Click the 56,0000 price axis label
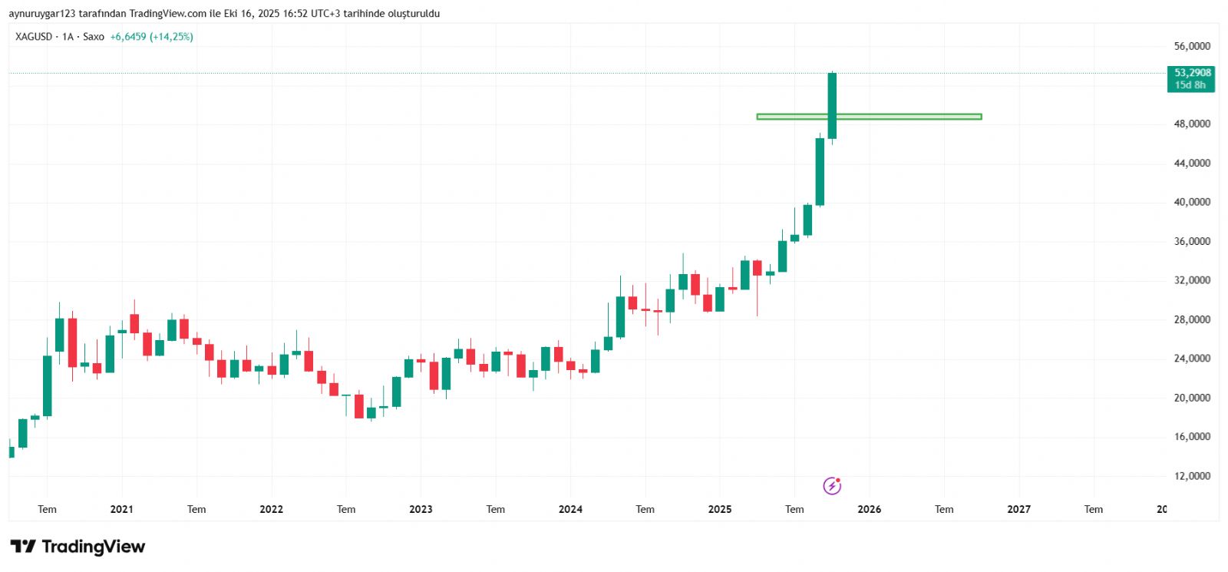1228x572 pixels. [1192, 46]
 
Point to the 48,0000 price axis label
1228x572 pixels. [1192, 124]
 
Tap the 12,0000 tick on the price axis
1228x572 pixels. [1192, 476]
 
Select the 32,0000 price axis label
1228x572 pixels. [1192, 280]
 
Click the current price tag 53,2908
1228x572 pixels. [1192, 73]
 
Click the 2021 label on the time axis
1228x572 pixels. [121, 509]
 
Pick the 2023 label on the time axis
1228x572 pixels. [421, 509]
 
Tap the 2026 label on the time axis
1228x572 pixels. [869, 509]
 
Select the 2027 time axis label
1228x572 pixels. [1018, 509]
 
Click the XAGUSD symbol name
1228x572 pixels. [34, 37]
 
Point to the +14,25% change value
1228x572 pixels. [171, 37]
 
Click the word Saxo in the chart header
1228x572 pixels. [94, 37]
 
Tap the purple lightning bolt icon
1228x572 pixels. [832, 485]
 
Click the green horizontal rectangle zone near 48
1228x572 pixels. [906, 117]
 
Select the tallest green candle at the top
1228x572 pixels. [832, 105]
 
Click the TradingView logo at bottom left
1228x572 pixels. [78, 547]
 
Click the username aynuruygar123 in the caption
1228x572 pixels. [42, 14]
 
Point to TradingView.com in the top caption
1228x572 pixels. [168, 14]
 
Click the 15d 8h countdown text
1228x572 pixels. [1190, 85]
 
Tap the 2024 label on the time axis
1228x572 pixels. [570, 509]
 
